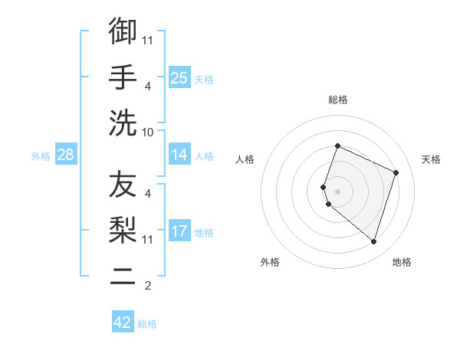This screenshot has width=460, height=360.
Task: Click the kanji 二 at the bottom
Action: (x=123, y=277)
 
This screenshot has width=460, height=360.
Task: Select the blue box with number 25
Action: (x=179, y=78)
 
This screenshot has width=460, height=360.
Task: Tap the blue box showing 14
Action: (x=179, y=155)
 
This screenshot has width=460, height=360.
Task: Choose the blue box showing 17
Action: (x=179, y=231)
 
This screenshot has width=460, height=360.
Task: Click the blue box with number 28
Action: (x=66, y=155)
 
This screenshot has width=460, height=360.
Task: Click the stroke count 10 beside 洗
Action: (x=148, y=133)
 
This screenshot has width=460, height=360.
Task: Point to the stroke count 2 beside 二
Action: (x=148, y=286)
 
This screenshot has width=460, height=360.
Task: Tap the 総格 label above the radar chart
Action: (x=337, y=100)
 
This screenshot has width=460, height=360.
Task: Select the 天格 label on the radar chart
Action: (x=431, y=159)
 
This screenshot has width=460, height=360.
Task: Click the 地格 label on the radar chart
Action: (x=402, y=262)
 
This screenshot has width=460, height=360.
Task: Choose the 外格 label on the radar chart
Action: (x=270, y=262)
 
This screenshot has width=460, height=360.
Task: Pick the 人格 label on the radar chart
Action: (x=245, y=159)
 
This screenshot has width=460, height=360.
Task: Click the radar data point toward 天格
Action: (x=396, y=172)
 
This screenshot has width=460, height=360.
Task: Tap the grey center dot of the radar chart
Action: (x=337, y=191)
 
